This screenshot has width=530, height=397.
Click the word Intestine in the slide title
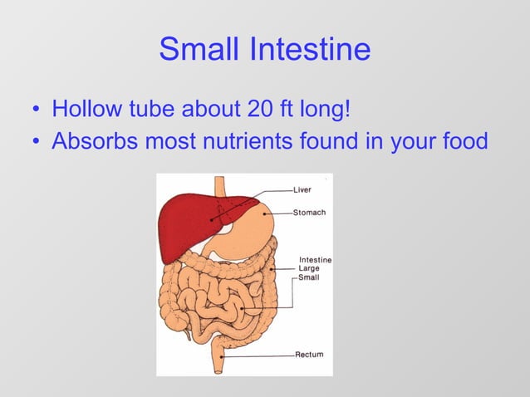point(311,49)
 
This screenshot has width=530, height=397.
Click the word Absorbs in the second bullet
point(93,141)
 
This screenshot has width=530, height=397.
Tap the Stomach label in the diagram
point(309,213)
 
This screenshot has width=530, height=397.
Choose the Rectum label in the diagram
point(309,355)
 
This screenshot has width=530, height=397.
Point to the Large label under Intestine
point(310,268)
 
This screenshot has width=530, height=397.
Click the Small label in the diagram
point(310,277)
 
